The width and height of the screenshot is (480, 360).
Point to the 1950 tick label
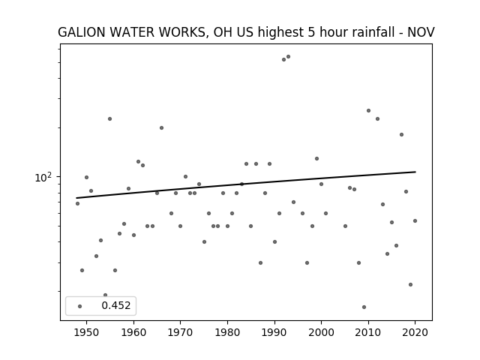[x=86, y=332]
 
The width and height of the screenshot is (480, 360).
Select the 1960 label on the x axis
[x=133, y=332]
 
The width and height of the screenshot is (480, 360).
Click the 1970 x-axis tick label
[x=180, y=332]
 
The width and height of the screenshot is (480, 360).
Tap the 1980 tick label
[x=227, y=332]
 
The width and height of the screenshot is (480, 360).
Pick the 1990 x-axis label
[x=274, y=332]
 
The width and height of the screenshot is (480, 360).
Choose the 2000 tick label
[x=321, y=332]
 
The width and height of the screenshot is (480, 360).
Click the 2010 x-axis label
[x=368, y=332]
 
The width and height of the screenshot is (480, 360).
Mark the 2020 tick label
[x=415, y=332]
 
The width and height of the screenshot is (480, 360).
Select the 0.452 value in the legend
[x=116, y=305]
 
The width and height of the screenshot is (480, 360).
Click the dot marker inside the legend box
[x=80, y=306]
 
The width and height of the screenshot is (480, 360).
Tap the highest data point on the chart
[x=288, y=57]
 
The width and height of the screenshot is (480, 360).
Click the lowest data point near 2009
[x=364, y=307]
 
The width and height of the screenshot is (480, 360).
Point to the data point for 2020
[x=415, y=220]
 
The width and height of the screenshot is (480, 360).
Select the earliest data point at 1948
[x=77, y=203]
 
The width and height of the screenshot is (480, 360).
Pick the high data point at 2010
[x=368, y=110]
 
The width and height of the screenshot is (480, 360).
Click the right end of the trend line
[x=415, y=172]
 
